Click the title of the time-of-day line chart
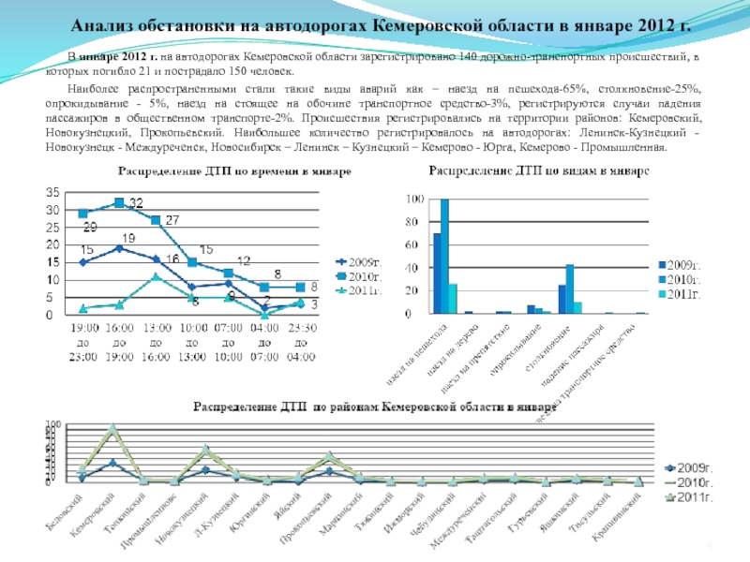(234, 171)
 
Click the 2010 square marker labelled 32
(119, 202)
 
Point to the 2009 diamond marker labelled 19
(119, 248)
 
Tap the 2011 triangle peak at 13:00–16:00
(156, 276)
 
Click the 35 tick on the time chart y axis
(56, 191)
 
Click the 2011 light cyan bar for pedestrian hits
(453, 298)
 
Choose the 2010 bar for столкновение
(569, 288)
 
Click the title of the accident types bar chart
(538, 171)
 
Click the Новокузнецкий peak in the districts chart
(205, 450)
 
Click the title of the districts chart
(375, 407)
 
